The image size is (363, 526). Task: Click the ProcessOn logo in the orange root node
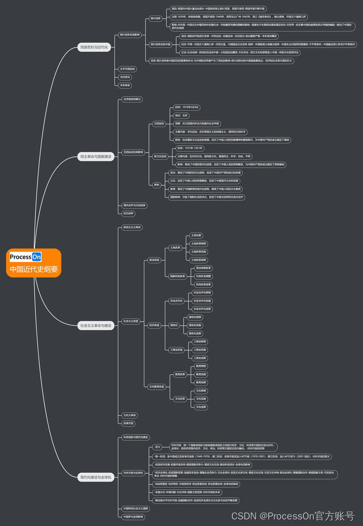click(26, 257)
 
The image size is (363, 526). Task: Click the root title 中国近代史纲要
click(34, 269)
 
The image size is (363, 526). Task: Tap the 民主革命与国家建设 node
click(96, 157)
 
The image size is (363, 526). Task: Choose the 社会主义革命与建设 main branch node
click(96, 326)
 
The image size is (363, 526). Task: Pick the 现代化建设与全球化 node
click(96, 477)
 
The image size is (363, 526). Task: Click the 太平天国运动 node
click(127, 68)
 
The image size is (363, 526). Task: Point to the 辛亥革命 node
click(125, 86)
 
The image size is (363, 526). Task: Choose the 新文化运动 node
click(160, 157)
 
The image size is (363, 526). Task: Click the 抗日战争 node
click(129, 213)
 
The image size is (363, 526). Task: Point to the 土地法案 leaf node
click(196, 236)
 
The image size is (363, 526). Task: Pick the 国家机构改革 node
click(177, 276)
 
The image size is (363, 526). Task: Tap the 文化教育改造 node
click(157, 387)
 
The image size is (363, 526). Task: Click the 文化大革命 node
click(130, 415)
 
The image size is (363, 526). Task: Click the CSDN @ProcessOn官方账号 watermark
click(293, 516)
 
